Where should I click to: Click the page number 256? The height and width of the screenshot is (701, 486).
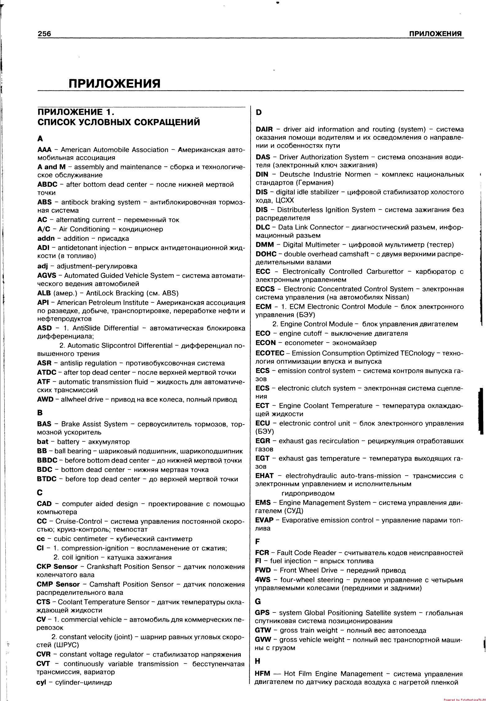point(44,34)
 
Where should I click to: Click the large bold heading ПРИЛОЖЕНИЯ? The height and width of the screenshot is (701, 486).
point(114,83)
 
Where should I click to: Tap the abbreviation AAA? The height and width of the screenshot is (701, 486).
point(44,150)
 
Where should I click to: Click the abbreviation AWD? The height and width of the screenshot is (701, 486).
point(45,399)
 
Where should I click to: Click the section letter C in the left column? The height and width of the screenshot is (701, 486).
point(39,493)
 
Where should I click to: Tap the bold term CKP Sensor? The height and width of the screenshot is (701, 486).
point(57,567)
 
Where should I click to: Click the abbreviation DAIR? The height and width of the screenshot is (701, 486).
point(264,130)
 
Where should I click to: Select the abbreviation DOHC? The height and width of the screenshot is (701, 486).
point(266,254)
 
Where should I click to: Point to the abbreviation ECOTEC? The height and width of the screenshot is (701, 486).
point(270,353)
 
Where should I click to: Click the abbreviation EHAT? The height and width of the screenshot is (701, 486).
point(264,476)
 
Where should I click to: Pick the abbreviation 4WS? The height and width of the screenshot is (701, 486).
point(263,580)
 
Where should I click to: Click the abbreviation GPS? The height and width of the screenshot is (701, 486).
point(262,613)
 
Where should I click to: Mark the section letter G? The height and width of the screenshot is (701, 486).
point(258,602)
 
